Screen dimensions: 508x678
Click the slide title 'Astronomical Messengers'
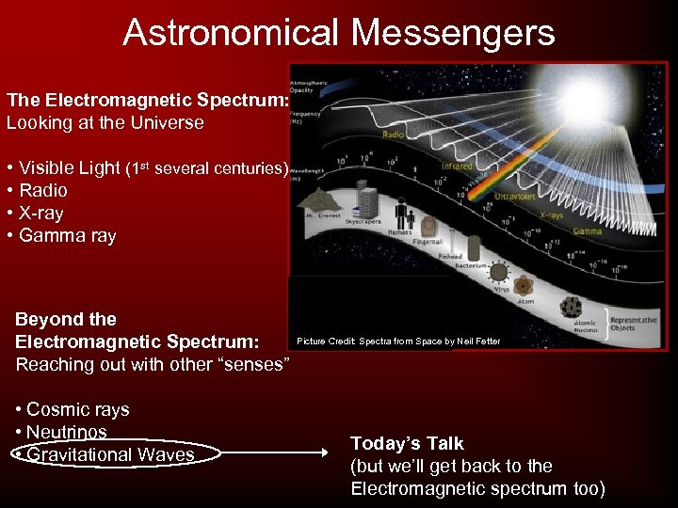click(x=339, y=33)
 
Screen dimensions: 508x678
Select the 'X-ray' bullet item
click(x=41, y=214)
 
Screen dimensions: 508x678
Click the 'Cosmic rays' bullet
click(x=73, y=409)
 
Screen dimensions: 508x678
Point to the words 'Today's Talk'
click(x=407, y=443)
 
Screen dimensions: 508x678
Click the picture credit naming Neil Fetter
click(x=398, y=341)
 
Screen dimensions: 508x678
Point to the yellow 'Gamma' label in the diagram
click(x=587, y=230)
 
